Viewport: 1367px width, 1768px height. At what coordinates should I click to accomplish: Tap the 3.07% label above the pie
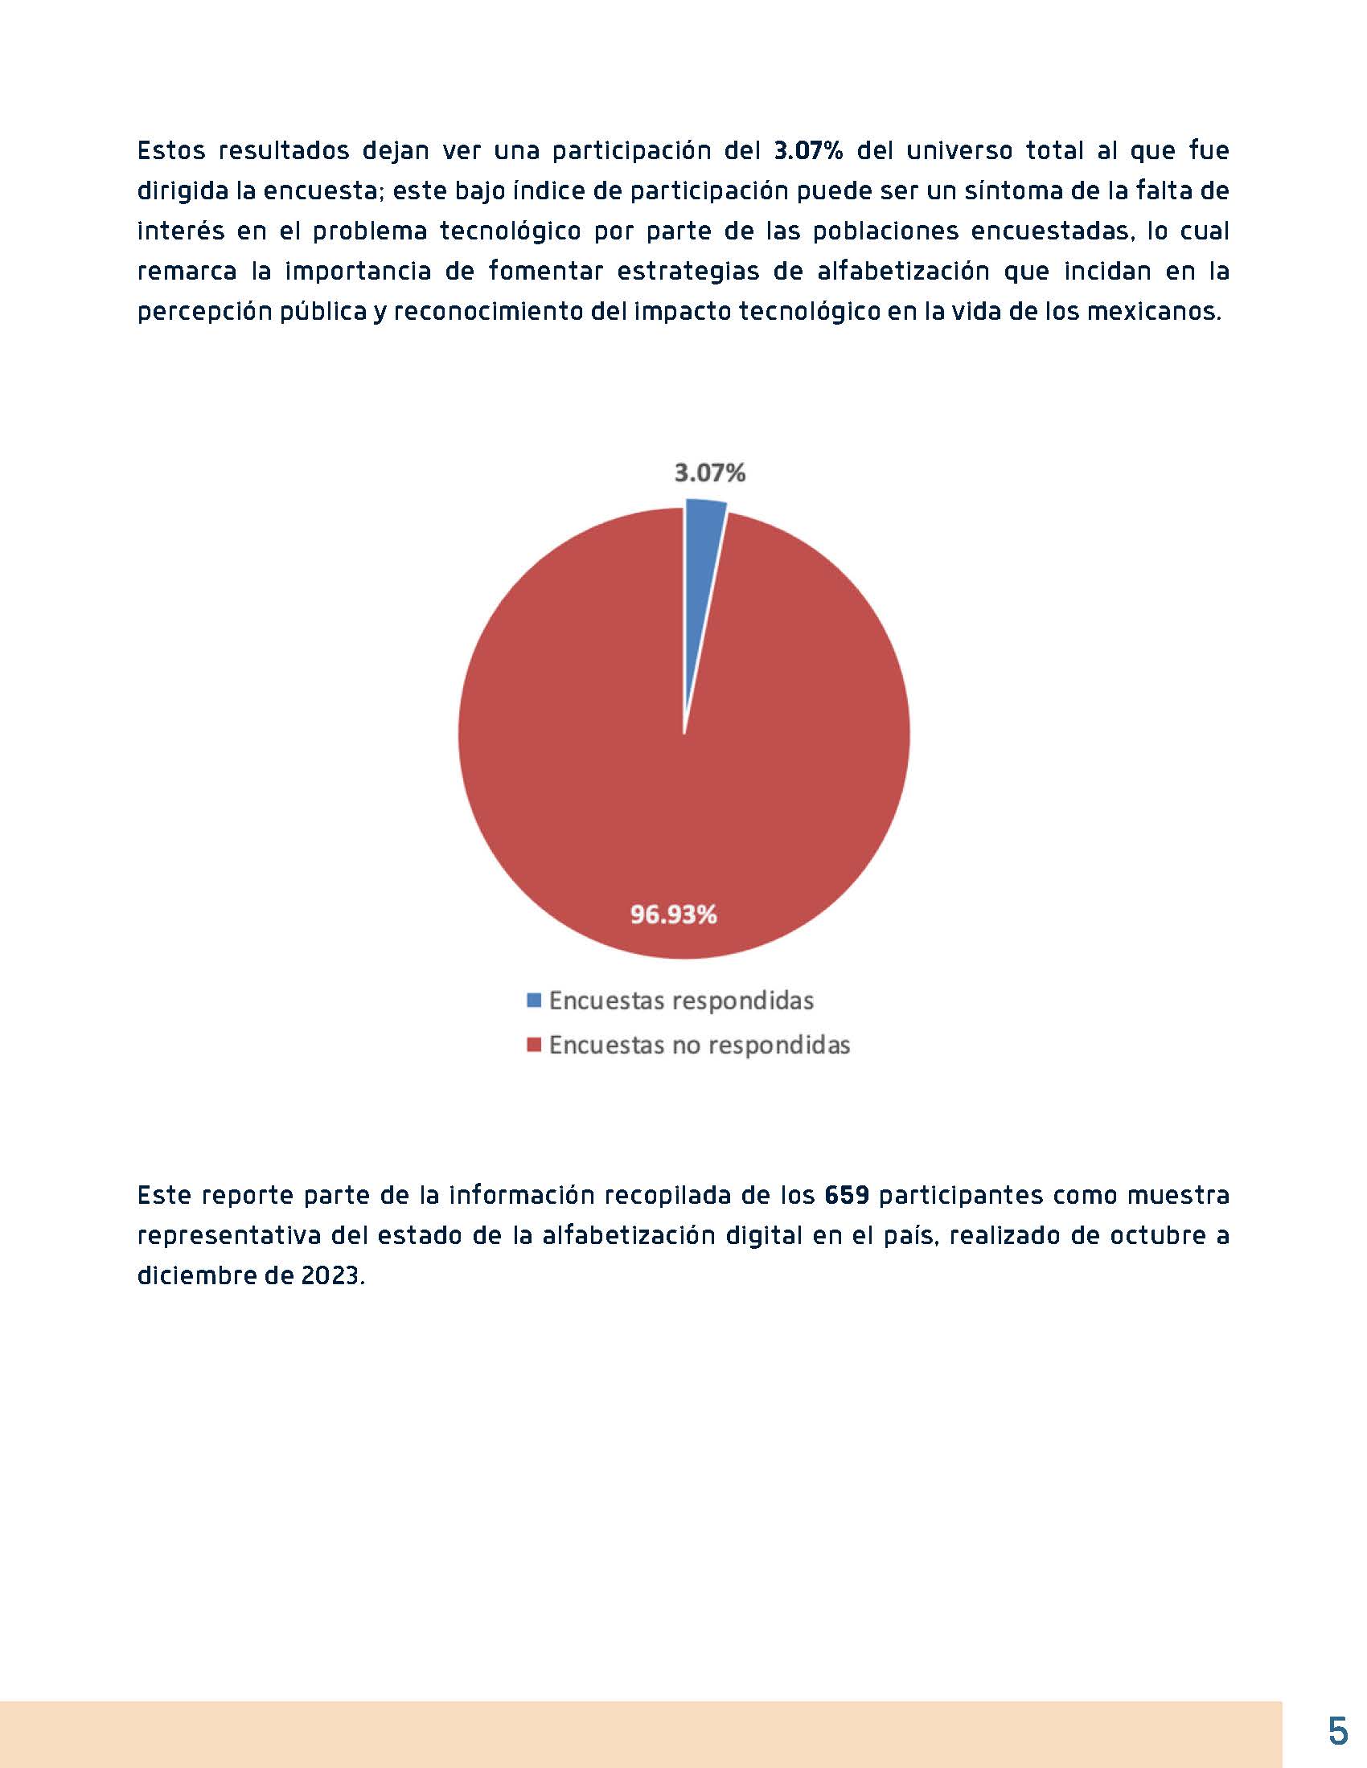(x=710, y=473)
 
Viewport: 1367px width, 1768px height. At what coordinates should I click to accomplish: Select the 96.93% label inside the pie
(x=674, y=915)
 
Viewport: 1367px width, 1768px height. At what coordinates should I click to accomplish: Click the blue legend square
(x=533, y=1001)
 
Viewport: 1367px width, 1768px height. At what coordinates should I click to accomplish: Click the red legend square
(x=533, y=1045)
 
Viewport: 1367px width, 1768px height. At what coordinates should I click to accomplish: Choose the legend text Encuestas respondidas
(x=681, y=1001)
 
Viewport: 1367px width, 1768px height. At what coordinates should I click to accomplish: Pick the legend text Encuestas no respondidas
(x=700, y=1045)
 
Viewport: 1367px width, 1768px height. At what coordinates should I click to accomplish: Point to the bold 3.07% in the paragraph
(x=809, y=150)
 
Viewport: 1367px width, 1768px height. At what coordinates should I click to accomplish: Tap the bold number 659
(x=847, y=1195)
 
